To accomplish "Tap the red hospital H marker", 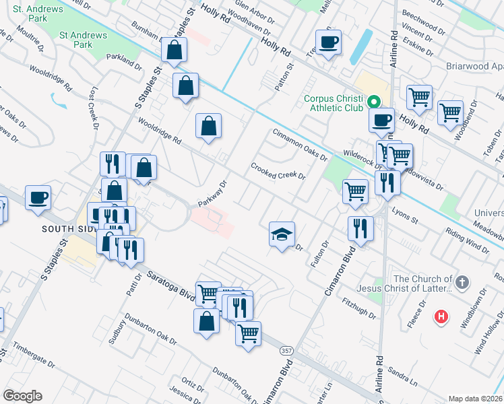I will click(x=441, y=316).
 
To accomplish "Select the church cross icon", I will click(x=462, y=283).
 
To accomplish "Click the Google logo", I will click(x=22, y=396).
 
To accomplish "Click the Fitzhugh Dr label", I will click(x=358, y=308).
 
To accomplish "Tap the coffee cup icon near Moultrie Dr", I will click(x=37, y=198).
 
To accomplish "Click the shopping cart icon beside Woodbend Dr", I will click(x=450, y=112).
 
